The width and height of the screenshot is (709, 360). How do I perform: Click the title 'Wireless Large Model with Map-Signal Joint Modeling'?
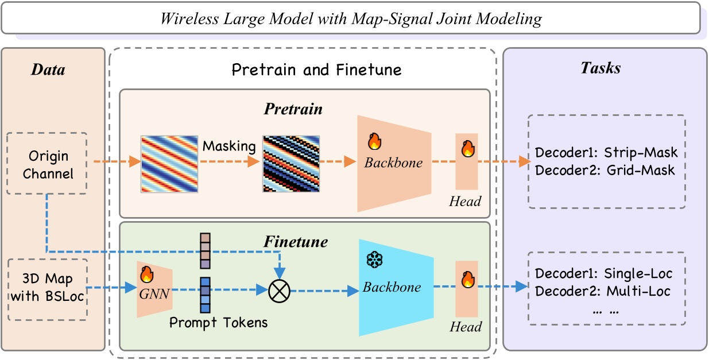click(351, 19)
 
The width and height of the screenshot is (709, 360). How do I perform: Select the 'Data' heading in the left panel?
click(48, 70)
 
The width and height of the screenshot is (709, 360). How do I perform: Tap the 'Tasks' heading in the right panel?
click(600, 68)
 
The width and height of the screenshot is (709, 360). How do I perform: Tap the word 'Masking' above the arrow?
click(228, 146)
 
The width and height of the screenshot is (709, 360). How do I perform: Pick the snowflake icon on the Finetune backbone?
click(375, 260)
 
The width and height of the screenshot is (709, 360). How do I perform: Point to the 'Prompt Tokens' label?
click(218, 323)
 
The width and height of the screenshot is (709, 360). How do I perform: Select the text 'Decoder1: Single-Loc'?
click(603, 274)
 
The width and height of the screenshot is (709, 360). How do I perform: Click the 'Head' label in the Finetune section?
click(466, 327)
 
